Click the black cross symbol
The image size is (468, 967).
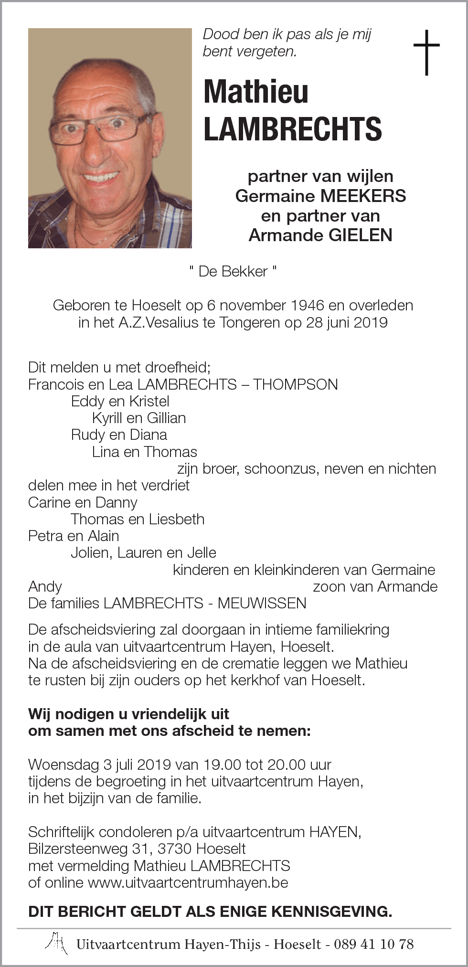pyautogui.click(x=426, y=52)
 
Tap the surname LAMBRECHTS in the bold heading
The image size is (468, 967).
pyautogui.click(x=293, y=128)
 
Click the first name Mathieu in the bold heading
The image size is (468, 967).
pyautogui.click(x=256, y=92)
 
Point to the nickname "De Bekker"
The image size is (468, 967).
pyautogui.click(x=233, y=271)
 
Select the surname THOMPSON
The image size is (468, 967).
pyautogui.click(x=295, y=384)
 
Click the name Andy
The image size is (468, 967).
pyautogui.click(x=45, y=586)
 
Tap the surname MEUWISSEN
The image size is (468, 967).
pyautogui.click(x=262, y=603)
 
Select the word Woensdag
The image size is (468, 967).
pyautogui.click(x=64, y=765)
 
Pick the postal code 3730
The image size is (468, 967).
pyautogui.click(x=170, y=849)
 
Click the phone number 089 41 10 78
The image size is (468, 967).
pyautogui.click(x=373, y=944)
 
